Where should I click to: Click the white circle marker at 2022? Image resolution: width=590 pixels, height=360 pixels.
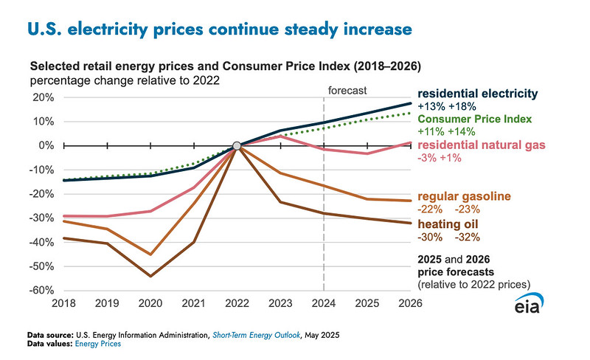(x=236, y=146)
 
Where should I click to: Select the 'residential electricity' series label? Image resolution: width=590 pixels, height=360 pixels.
(x=476, y=94)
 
